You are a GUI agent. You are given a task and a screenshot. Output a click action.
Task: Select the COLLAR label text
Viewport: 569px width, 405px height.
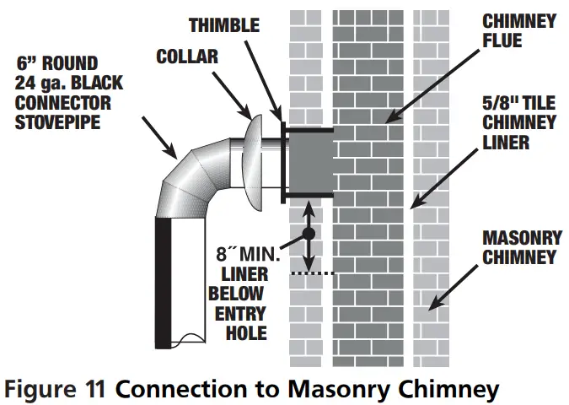[x=188, y=57]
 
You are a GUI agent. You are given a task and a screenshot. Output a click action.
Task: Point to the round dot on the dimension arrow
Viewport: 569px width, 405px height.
[x=309, y=232]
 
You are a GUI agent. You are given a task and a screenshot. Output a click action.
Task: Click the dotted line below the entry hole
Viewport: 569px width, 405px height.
[x=313, y=273]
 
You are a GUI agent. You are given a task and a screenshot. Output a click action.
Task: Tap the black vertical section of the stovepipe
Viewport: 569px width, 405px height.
[x=162, y=278]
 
